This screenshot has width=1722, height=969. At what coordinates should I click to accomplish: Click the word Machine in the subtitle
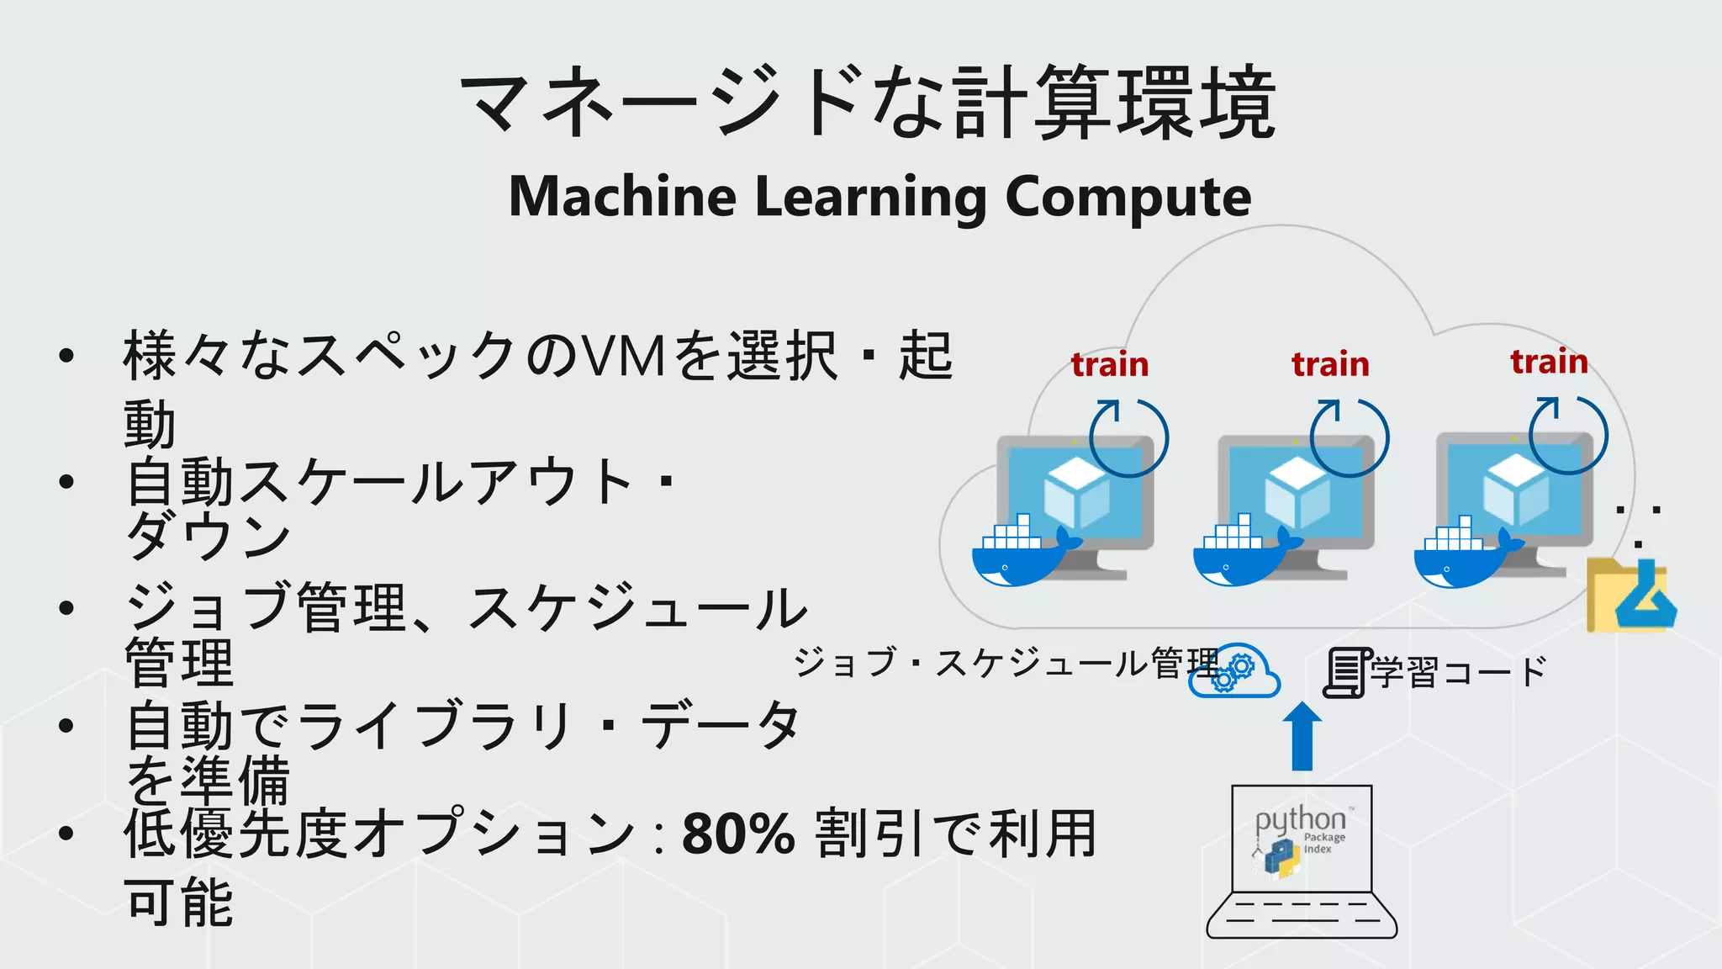click(622, 197)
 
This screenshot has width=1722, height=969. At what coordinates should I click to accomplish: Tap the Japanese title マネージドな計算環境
click(868, 103)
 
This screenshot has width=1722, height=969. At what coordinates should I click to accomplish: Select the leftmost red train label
click(1110, 364)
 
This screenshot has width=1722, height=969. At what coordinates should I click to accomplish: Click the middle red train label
click(1330, 364)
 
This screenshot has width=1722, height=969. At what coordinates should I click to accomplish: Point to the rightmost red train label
click(1549, 361)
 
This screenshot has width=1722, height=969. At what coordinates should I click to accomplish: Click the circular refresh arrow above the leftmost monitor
click(1128, 437)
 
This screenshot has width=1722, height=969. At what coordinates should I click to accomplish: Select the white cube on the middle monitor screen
click(1297, 492)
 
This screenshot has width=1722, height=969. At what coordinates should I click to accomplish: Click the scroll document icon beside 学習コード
click(1346, 673)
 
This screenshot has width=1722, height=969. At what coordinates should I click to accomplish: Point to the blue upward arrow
click(1302, 736)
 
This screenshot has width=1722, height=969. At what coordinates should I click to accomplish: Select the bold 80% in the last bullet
click(738, 834)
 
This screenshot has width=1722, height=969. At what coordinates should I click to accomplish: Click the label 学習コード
click(1459, 672)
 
